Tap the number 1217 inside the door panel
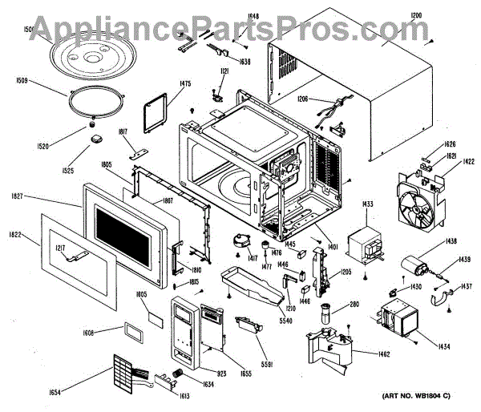click(62, 249)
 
